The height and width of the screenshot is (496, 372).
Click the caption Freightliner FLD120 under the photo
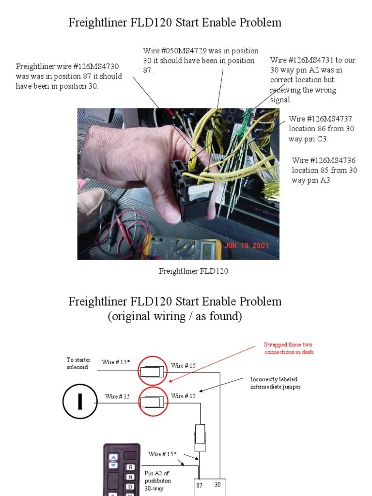pos(193,271)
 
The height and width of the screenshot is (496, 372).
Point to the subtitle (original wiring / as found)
pos(174,316)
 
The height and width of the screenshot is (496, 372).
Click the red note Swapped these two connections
pos(289,348)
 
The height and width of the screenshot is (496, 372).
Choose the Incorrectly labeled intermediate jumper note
pos(275,383)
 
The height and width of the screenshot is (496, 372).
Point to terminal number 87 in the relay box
pos(200,485)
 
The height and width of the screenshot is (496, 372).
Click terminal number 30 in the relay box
pos(218,485)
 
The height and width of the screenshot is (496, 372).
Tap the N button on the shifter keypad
pos(130,477)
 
